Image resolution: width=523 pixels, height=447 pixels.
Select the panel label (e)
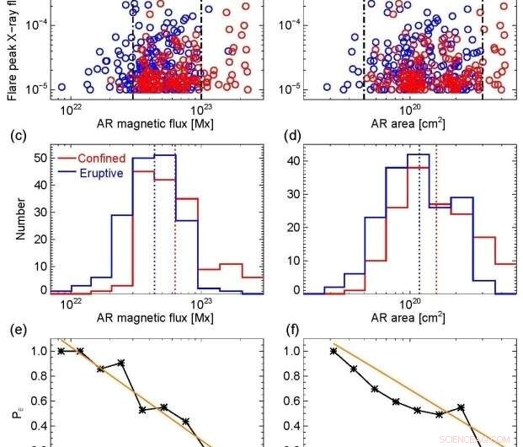click(x=15, y=331)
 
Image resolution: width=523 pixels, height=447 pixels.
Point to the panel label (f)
click(x=287, y=331)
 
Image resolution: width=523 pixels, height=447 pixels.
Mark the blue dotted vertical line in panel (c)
click(x=155, y=228)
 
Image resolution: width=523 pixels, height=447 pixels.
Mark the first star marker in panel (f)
click(x=334, y=351)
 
